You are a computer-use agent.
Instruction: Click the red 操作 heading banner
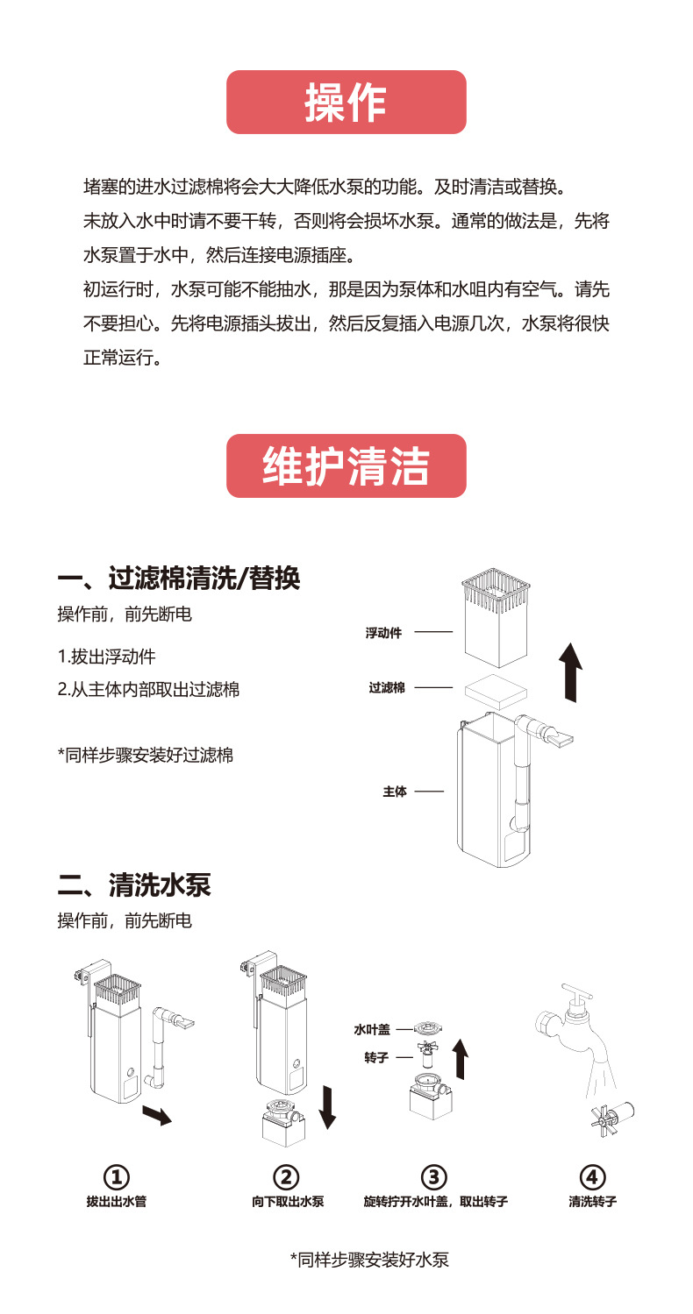(346, 103)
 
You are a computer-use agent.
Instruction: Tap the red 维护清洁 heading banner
(346, 466)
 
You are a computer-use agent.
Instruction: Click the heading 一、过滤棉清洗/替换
(179, 579)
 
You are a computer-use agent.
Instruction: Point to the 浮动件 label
(383, 633)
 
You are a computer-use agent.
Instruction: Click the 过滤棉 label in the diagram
(387, 688)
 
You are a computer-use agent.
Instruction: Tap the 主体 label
(395, 792)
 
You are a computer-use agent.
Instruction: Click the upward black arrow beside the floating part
(571, 671)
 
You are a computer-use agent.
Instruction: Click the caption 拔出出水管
(117, 1202)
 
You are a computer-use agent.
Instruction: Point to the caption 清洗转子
(593, 1202)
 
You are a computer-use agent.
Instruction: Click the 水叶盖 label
(372, 1029)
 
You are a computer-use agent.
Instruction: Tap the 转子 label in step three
(375, 1058)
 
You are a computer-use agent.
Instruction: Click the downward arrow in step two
(328, 1106)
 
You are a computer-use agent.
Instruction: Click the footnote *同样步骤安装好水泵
(369, 1261)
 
